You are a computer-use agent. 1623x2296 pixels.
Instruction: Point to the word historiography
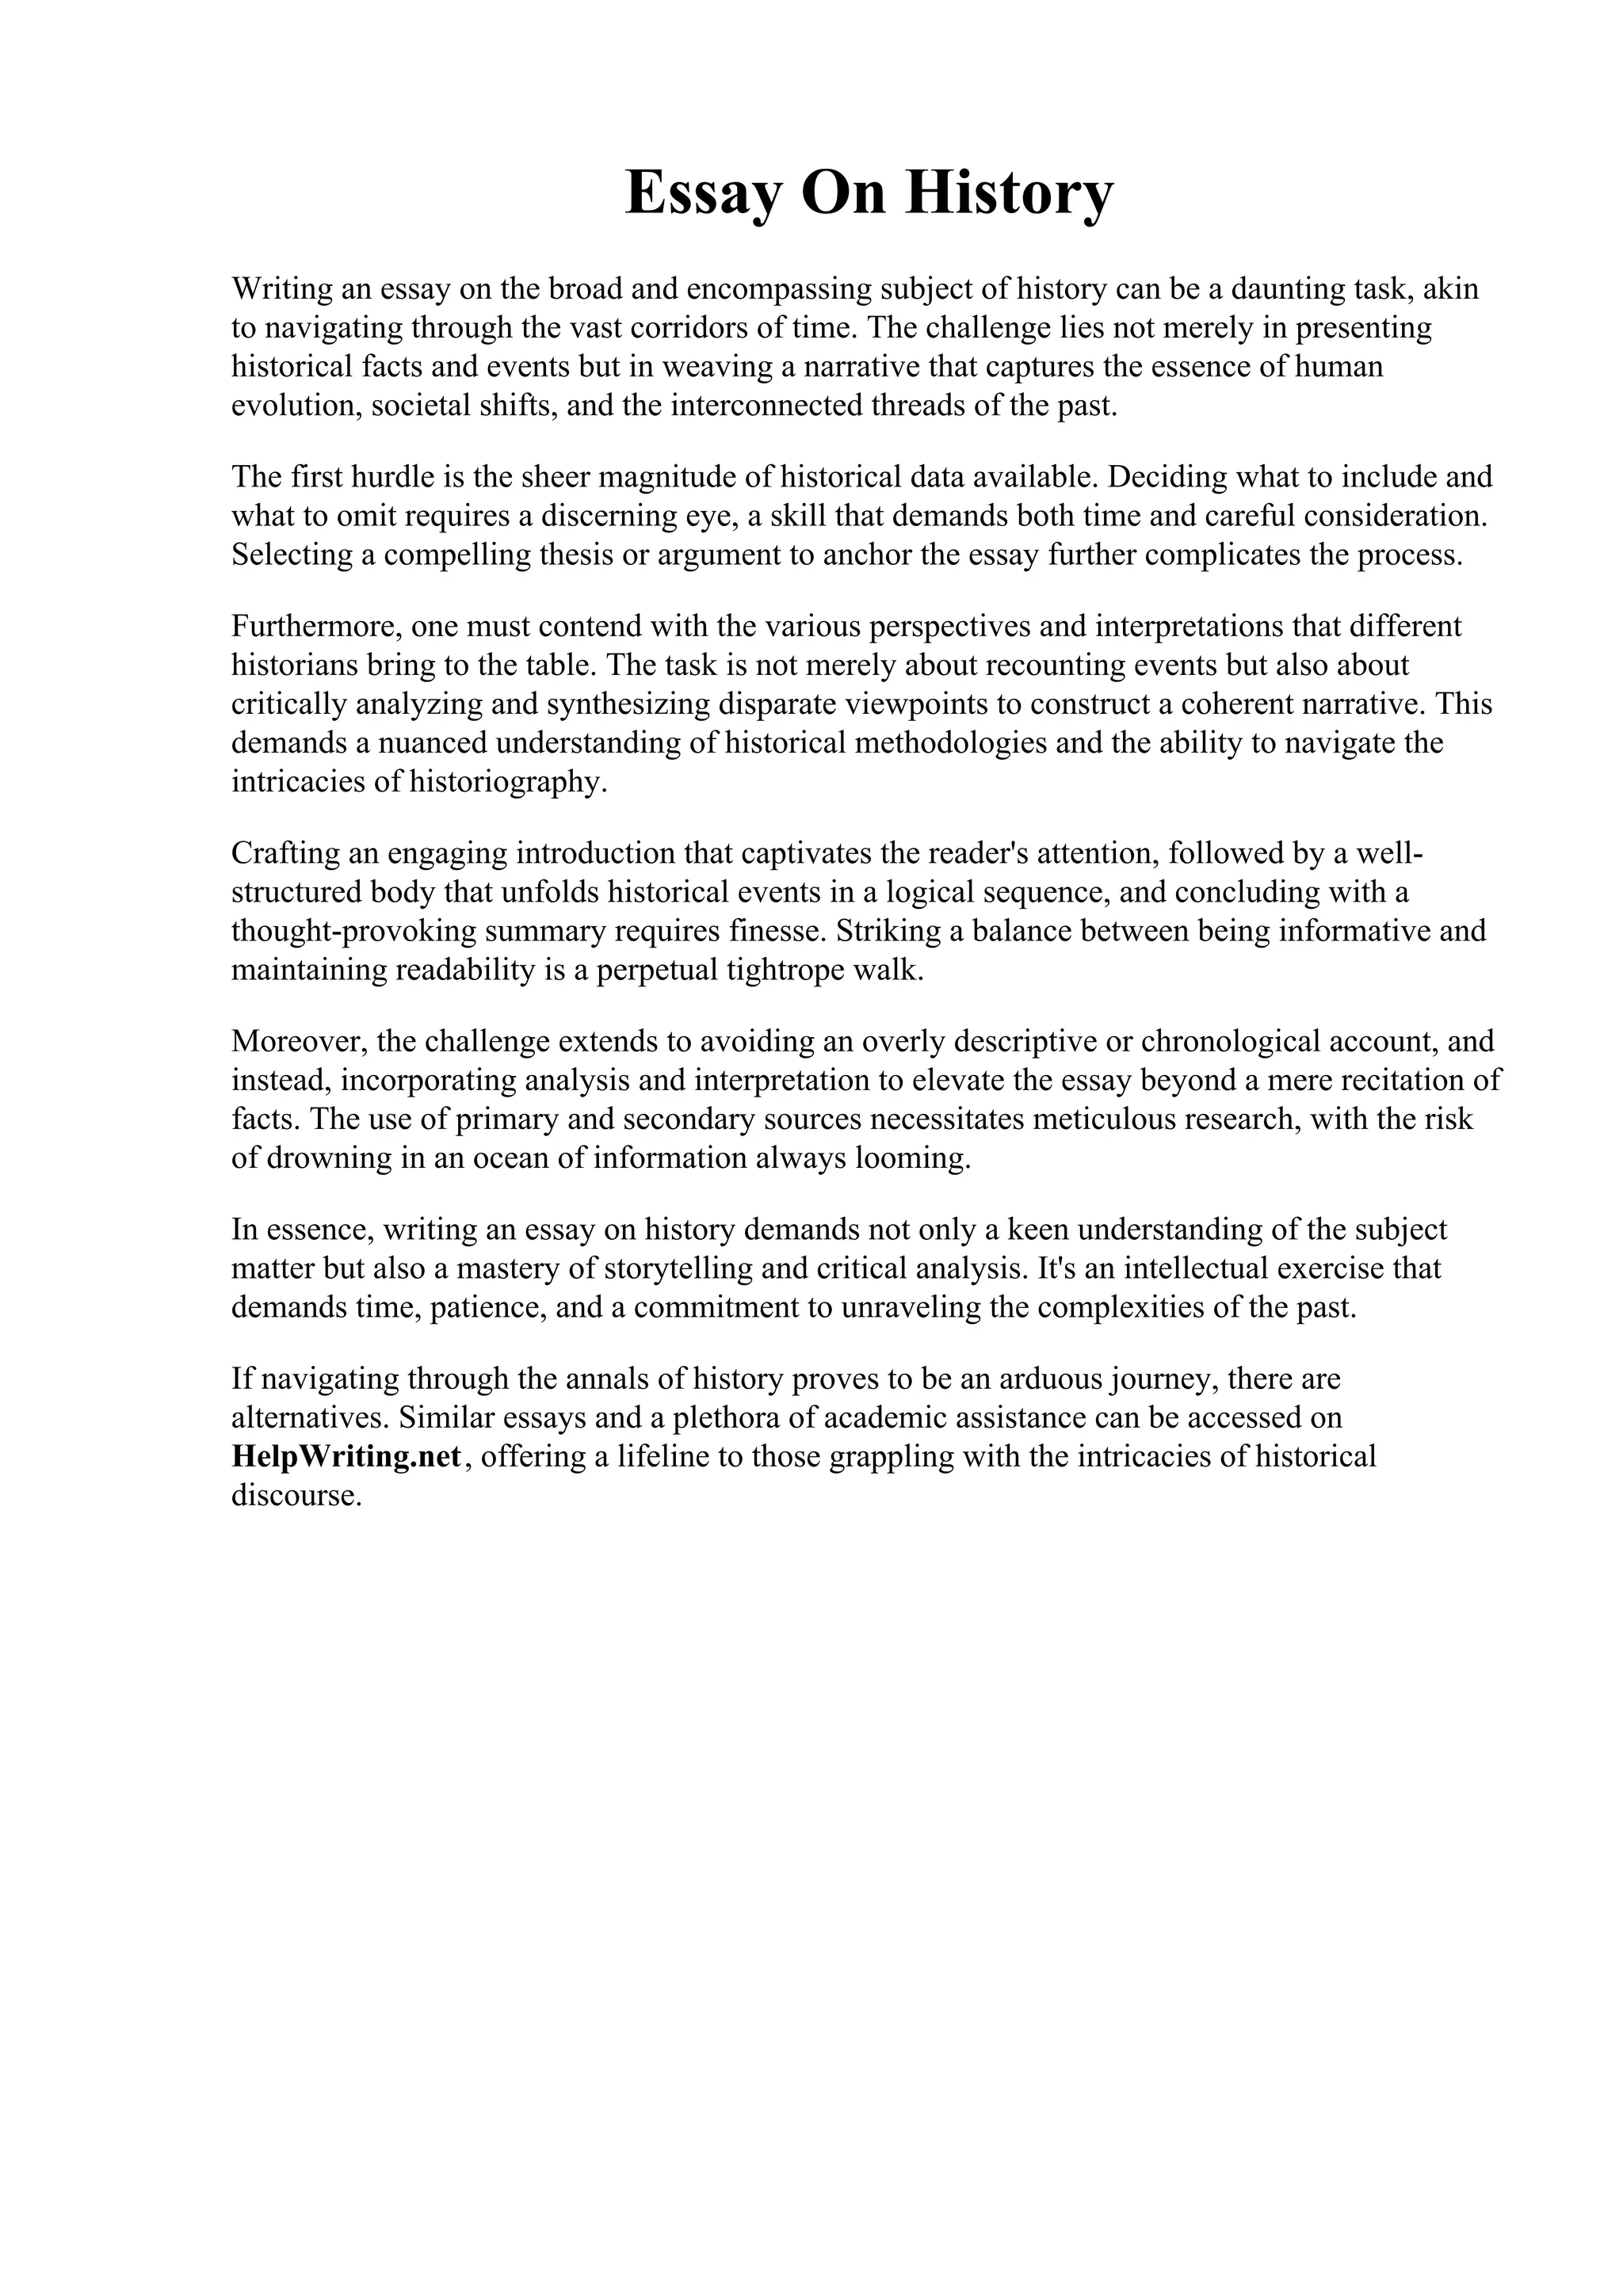click(x=507, y=782)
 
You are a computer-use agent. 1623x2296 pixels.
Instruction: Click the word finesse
click(x=778, y=931)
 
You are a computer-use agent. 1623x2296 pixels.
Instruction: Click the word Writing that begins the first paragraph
click(x=282, y=289)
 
